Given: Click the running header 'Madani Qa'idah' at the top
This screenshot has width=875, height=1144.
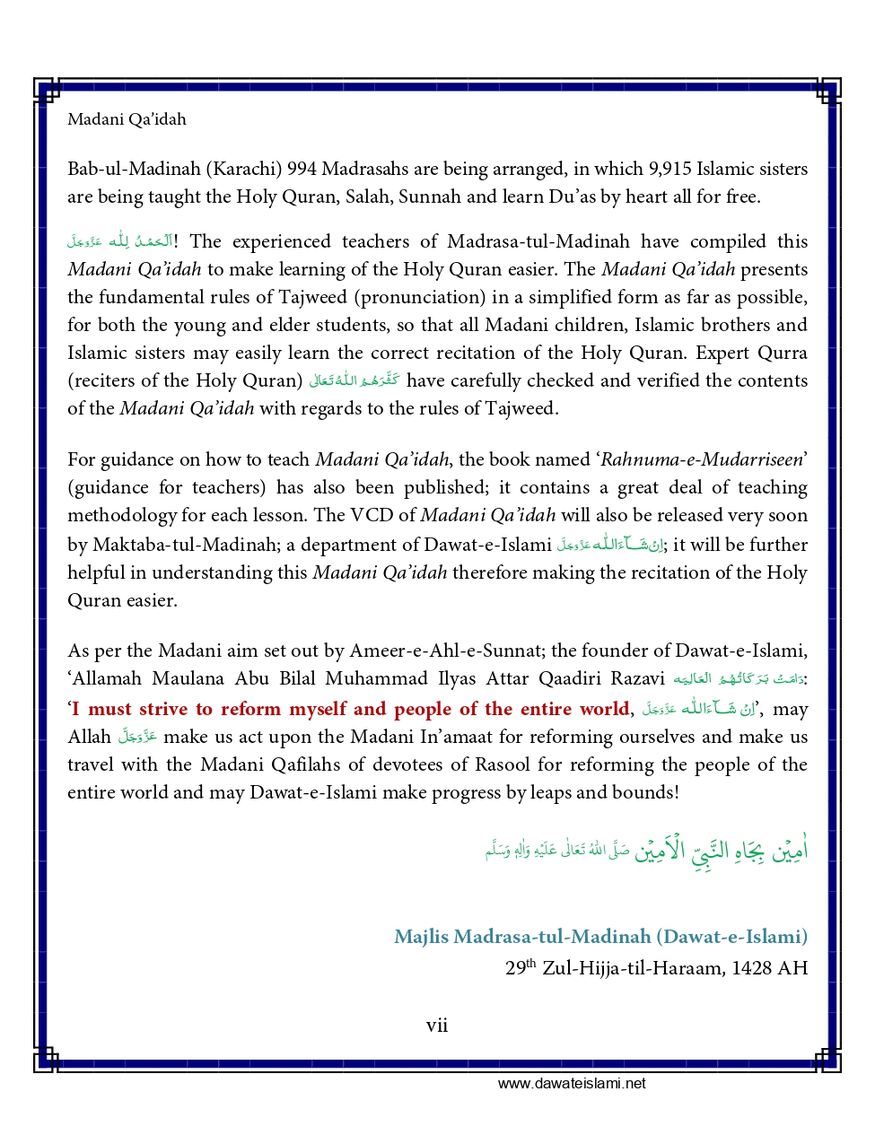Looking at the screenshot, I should pos(127,119).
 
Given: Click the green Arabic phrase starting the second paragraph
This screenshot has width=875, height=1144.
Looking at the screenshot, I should pos(119,241).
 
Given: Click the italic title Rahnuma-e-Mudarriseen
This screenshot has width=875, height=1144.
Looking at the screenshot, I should pos(702,459).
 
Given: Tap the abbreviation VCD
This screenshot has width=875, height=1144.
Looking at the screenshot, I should pos(372,515).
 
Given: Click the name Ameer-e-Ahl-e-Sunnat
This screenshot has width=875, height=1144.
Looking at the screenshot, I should pos(447,651).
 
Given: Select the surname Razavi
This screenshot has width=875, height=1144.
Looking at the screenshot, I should pos(637,678).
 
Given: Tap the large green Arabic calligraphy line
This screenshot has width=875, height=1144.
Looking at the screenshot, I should pos(646,849).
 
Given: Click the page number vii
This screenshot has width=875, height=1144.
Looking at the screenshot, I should pos(437,1026).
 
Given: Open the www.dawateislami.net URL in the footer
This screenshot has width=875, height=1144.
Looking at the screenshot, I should pos(572,1083).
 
